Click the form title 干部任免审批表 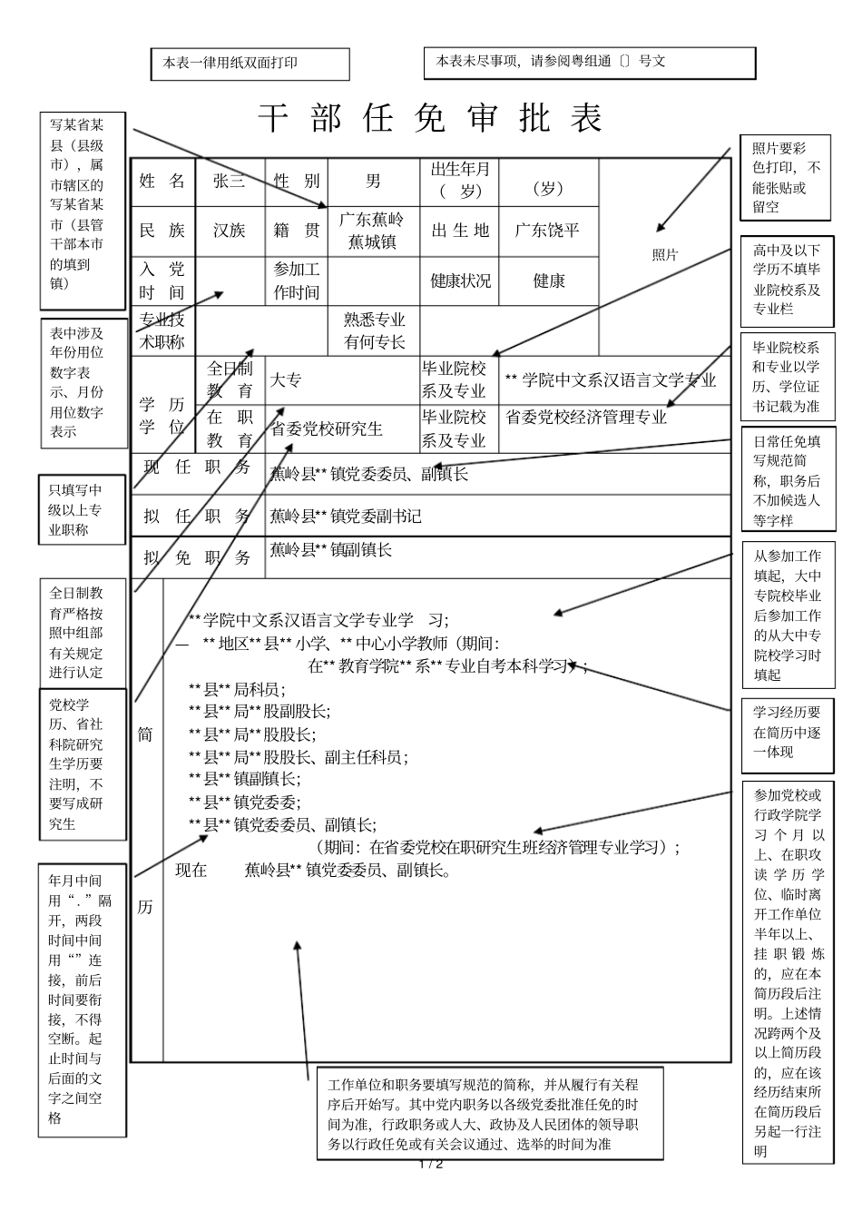430,119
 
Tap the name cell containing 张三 229,181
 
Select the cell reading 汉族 229,231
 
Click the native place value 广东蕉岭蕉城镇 372,231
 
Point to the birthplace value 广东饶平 547,231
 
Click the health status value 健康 549,281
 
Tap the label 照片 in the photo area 665,255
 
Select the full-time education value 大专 286,380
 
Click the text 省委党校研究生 327,428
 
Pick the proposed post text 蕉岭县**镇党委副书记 346,516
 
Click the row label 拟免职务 197,557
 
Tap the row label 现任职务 197,468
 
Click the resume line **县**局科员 237,689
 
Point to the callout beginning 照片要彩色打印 786,177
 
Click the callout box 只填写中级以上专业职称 81,509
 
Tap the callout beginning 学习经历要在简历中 787,732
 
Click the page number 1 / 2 430,1164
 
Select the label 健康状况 460,281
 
